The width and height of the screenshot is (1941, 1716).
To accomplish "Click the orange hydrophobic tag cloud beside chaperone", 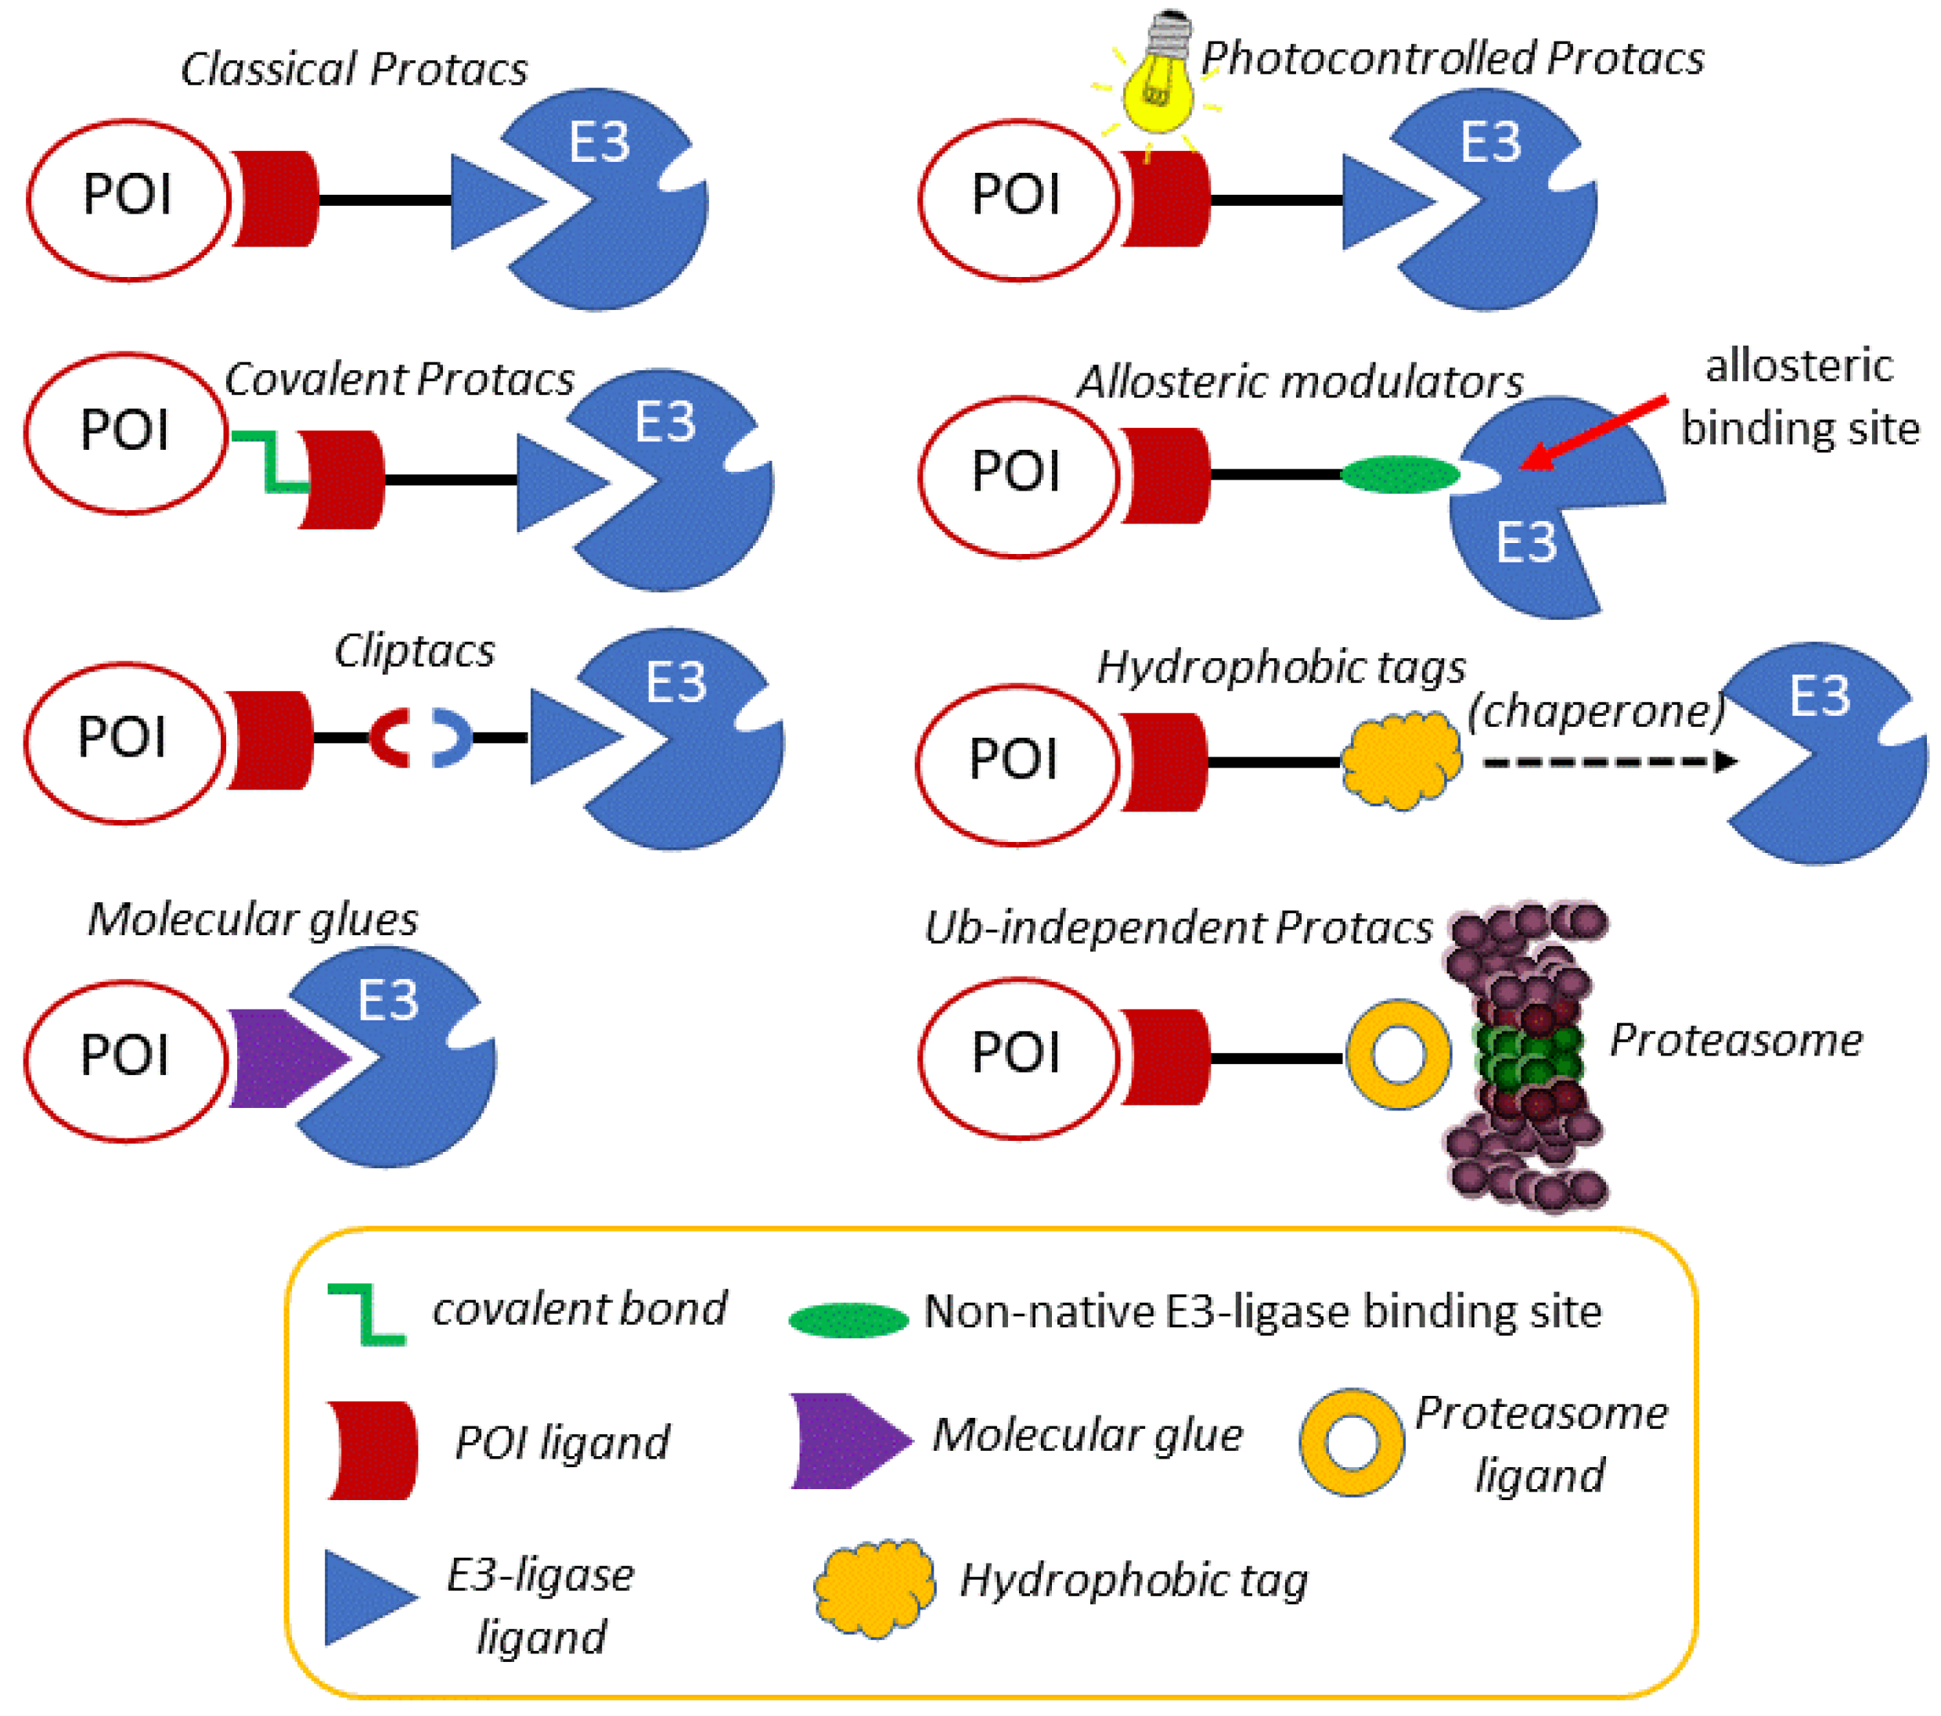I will [x=1402, y=761].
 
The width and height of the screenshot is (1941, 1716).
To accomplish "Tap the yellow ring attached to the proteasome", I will [x=1398, y=1054].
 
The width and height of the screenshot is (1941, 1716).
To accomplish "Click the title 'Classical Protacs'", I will [x=353, y=70].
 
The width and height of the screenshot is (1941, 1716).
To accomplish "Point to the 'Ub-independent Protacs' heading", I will [x=1178, y=928].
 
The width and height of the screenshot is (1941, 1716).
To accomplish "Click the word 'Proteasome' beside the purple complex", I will [x=1735, y=1040].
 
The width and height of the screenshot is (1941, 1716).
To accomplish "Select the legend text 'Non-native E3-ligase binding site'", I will [x=1263, y=1312].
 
